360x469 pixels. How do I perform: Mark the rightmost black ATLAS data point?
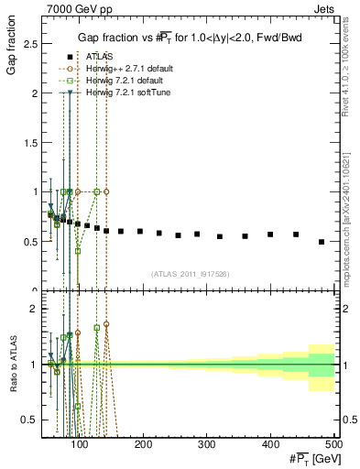click(321, 242)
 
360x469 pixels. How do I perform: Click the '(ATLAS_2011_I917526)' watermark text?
click(191, 274)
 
